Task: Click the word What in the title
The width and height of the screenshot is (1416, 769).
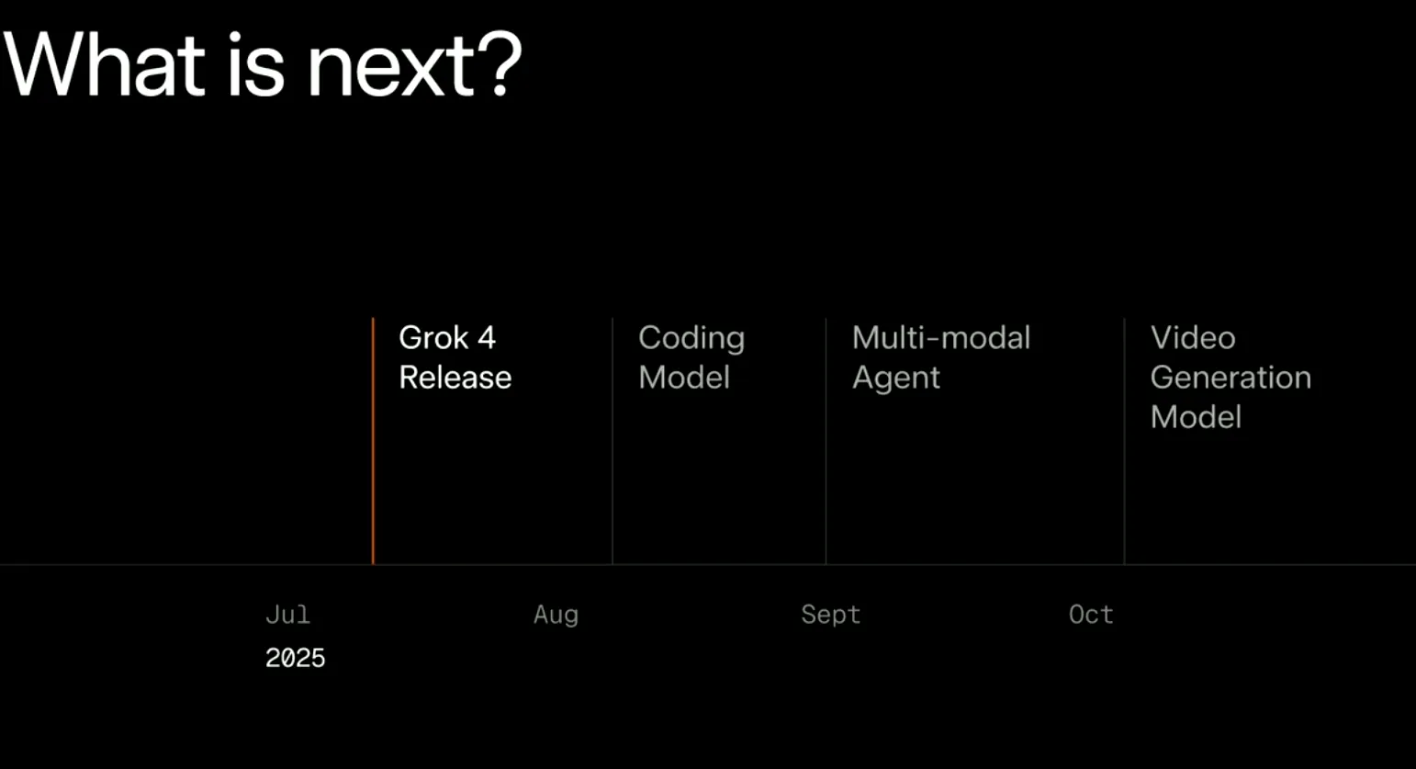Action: click(x=105, y=64)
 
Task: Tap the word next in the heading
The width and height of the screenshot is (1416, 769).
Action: click(x=390, y=68)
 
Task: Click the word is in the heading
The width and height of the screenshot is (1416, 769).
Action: click(x=256, y=64)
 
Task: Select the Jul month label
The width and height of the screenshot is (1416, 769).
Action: click(x=287, y=614)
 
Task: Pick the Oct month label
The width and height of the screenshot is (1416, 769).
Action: click(x=1091, y=615)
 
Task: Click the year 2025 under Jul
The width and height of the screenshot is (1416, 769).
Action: click(x=295, y=659)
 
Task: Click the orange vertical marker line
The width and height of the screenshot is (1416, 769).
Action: click(x=373, y=441)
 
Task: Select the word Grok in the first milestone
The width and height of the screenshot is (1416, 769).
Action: click(x=433, y=338)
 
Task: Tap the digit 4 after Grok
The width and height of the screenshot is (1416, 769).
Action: click(x=487, y=338)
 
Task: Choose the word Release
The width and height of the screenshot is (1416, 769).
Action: click(x=455, y=378)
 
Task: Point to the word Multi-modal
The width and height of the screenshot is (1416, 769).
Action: click(x=941, y=338)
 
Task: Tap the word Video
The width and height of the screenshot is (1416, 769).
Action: click(x=1193, y=338)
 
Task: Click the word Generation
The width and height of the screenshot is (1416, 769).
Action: click(x=1231, y=378)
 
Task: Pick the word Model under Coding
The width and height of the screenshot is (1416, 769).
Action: click(x=684, y=378)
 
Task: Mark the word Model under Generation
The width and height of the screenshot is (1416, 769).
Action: click(x=1196, y=417)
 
